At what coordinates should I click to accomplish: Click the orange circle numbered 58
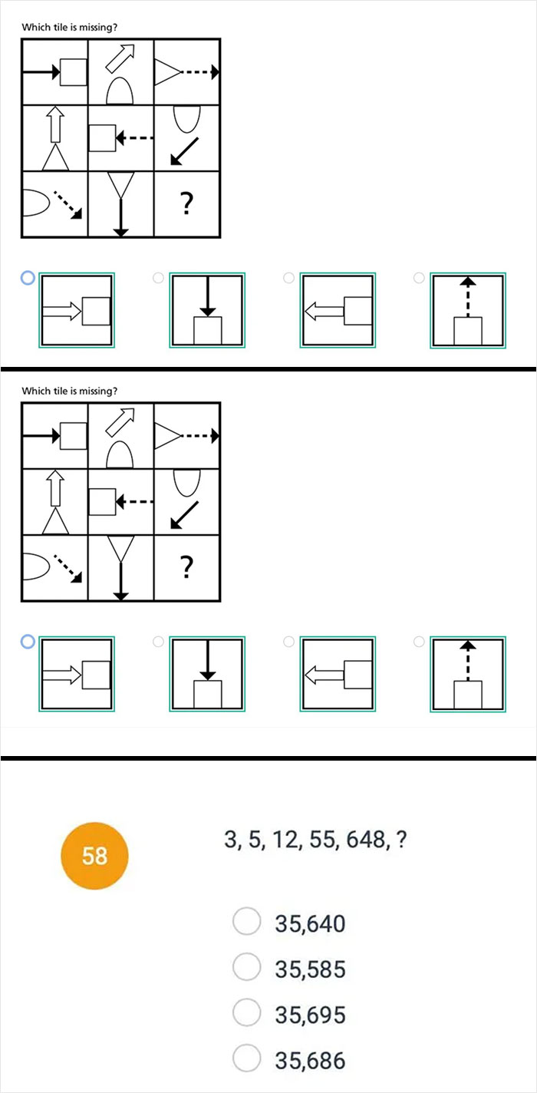[x=94, y=855]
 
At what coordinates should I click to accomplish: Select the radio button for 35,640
[x=247, y=923]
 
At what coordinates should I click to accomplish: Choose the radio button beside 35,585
[x=247, y=969]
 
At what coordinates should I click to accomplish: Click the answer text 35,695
[x=310, y=1015]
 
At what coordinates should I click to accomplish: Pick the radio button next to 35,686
[x=247, y=1061]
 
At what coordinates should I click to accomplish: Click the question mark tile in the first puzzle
[x=186, y=204]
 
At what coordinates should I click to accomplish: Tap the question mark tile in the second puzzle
[x=186, y=568]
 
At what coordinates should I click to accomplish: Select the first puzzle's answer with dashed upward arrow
[x=467, y=310]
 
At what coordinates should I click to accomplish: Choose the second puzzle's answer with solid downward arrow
[x=207, y=674]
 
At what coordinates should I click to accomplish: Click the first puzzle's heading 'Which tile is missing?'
[x=69, y=28]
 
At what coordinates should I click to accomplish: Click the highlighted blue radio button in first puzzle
[x=28, y=278]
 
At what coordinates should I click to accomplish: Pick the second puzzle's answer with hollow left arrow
[x=338, y=674]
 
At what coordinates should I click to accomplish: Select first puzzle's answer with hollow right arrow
[x=77, y=310]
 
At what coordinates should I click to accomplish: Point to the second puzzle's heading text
[x=69, y=391]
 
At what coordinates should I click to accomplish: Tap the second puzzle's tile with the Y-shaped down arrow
[x=120, y=568]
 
